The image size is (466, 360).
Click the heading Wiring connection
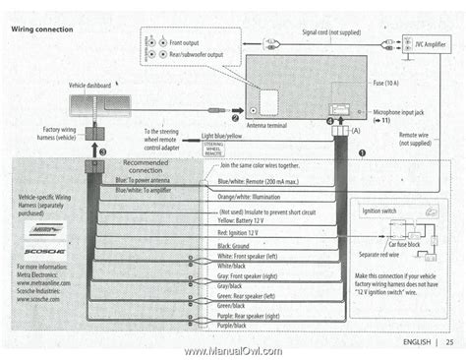point(40,30)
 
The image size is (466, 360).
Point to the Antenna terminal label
point(266,125)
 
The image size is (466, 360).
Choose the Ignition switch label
point(379,211)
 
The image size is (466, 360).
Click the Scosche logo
point(36,253)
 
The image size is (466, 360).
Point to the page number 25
point(448,342)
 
